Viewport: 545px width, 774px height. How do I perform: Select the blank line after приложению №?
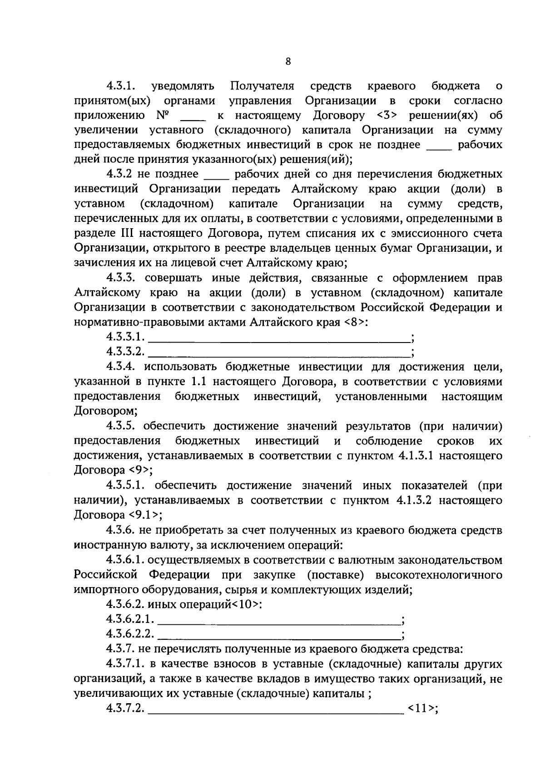pyautogui.click(x=193, y=119)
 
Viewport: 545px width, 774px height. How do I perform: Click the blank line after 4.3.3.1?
pyautogui.click(x=278, y=340)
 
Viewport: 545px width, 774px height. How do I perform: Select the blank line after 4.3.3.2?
pyautogui.click(x=278, y=355)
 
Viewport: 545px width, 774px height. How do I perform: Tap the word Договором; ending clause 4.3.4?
pyautogui.click(x=106, y=411)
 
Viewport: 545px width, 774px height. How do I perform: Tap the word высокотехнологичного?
pyautogui.click(x=439, y=575)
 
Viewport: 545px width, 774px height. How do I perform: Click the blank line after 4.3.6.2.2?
pyautogui.click(x=278, y=637)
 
